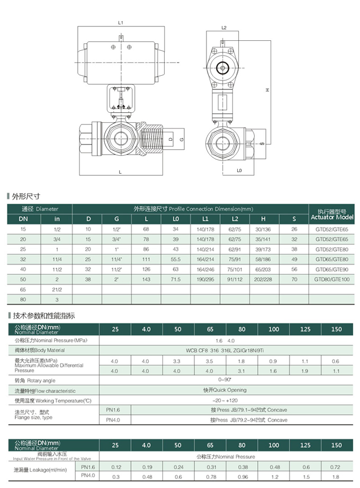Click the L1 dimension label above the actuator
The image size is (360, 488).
tap(121, 23)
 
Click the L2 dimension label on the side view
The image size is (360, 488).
tap(224, 28)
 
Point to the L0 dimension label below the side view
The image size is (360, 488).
tap(239, 170)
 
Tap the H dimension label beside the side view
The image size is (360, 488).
tap(268, 90)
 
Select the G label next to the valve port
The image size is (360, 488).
tap(182, 139)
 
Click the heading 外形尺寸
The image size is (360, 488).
tap(26, 196)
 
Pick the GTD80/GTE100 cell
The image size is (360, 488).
tap(332, 278)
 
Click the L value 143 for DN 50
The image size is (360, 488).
tap(147, 278)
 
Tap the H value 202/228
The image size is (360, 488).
tap(263, 278)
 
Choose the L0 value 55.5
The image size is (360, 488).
tap(176, 259)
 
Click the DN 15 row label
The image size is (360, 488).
tap(23, 229)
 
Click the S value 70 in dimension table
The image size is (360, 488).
tap(295, 278)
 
